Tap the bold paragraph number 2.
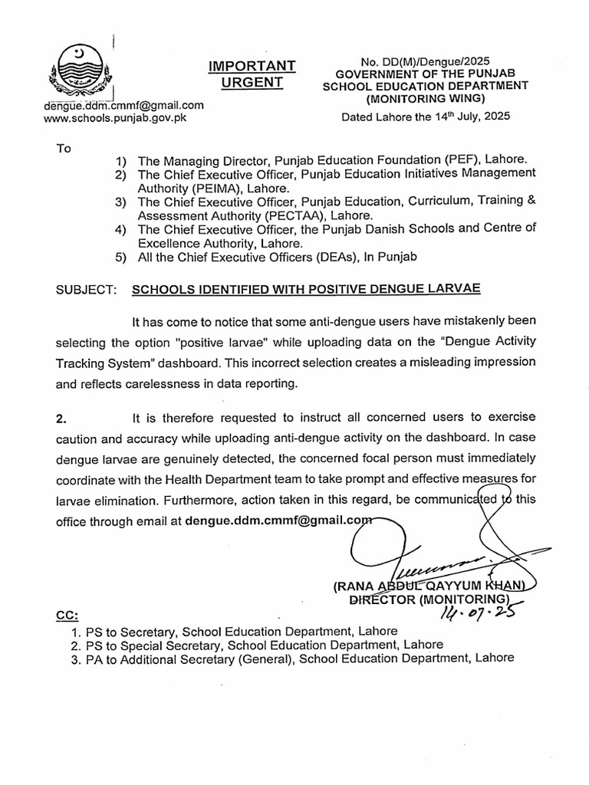(62, 419)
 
